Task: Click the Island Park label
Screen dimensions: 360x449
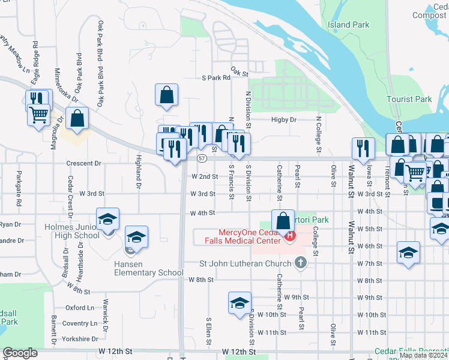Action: pyautogui.click(x=348, y=25)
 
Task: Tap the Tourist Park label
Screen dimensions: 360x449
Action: pyautogui.click(x=417, y=99)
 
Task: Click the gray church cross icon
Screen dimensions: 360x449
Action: pyautogui.click(x=301, y=263)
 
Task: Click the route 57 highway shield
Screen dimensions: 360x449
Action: pyautogui.click(x=202, y=158)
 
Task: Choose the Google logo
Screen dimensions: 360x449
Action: pyautogui.click(x=20, y=352)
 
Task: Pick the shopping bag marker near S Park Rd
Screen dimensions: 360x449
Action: pyautogui.click(x=166, y=94)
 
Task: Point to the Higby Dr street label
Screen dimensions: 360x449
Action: pyautogui.click(x=284, y=119)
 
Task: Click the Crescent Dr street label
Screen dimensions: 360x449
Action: pyautogui.click(x=83, y=163)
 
